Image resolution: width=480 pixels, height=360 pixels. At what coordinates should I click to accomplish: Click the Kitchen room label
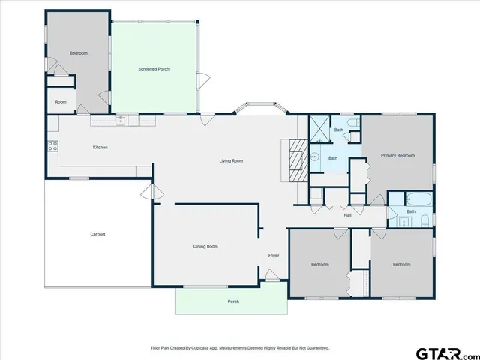point(100,147)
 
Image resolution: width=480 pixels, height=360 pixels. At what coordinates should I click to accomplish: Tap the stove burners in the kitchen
point(52,146)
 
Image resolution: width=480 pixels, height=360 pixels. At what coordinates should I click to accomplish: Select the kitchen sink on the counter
point(120,119)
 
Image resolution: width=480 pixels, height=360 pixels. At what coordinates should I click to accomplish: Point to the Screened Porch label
point(154,69)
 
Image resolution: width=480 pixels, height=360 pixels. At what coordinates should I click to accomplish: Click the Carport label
point(97,234)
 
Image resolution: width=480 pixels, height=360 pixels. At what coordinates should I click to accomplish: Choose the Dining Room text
point(206,246)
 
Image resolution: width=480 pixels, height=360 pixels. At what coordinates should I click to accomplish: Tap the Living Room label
point(231,161)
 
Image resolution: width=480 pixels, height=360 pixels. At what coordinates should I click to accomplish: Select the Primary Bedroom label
point(397,155)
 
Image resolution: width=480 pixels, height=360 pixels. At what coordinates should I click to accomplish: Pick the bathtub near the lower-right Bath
point(416,199)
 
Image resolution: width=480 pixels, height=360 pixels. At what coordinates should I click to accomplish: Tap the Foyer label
point(274,255)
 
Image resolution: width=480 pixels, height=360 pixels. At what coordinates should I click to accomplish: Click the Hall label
point(348,216)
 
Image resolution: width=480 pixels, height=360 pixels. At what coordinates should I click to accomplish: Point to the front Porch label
point(233,301)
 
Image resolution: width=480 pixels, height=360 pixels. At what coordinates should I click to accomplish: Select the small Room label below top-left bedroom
point(61,101)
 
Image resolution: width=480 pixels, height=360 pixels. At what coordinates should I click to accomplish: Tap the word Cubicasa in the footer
point(205,348)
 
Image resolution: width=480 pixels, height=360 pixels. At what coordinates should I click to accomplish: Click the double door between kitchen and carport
point(151,193)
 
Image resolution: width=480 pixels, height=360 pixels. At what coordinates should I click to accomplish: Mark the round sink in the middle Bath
point(316,157)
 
